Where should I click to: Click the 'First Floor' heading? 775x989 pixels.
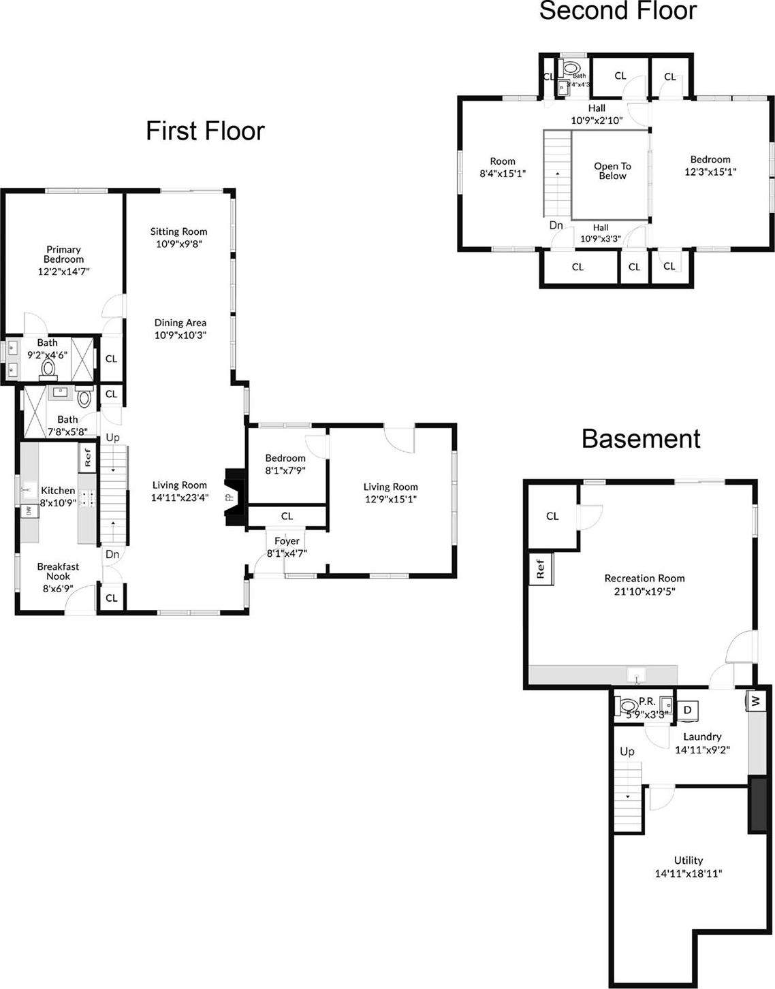(x=205, y=131)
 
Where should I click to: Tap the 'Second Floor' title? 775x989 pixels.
(x=618, y=11)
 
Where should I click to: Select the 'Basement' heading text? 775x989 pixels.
(x=641, y=439)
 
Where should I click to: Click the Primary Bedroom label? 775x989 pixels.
(x=63, y=255)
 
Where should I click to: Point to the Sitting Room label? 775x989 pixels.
(x=178, y=231)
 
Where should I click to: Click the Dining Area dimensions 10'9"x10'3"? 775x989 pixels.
(x=180, y=335)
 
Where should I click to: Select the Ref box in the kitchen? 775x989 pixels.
(x=88, y=457)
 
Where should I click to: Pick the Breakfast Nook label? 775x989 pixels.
(x=58, y=571)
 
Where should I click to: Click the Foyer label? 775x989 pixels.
(x=287, y=541)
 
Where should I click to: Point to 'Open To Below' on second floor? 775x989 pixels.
(x=612, y=171)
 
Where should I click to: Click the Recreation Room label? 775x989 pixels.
(x=644, y=579)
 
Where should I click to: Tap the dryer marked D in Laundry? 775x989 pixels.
(x=687, y=710)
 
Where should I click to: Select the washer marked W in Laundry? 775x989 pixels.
(x=755, y=700)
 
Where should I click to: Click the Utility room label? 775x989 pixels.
(x=688, y=860)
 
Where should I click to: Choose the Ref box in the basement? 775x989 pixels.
(x=541, y=569)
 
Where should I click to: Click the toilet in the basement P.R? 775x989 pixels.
(x=628, y=706)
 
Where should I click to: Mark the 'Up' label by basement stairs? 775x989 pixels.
(x=627, y=751)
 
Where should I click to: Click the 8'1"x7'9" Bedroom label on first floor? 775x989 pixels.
(x=285, y=458)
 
